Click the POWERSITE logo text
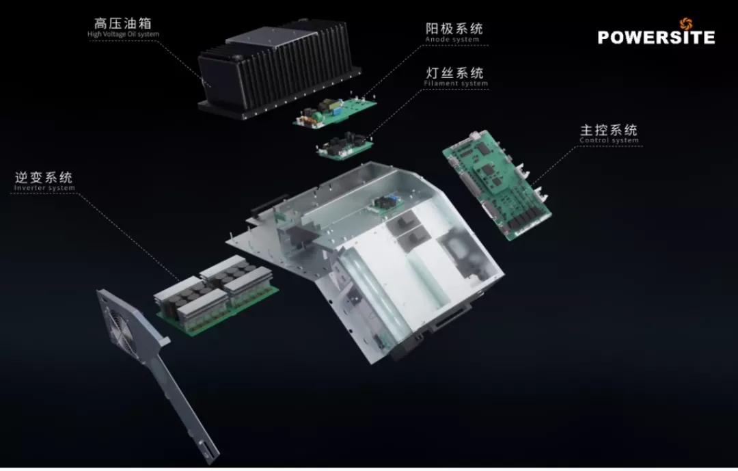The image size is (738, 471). (x=656, y=37)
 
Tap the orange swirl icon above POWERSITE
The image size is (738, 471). (x=686, y=23)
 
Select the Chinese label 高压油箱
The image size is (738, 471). (x=123, y=23)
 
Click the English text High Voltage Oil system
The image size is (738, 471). (x=123, y=34)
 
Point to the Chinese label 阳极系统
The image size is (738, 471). (x=454, y=28)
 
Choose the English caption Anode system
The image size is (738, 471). (x=452, y=40)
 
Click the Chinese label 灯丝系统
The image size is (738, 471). (x=454, y=72)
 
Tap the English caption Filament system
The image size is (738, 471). (x=456, y=83)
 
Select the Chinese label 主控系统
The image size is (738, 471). (x=609, y=129)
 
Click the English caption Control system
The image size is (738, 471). (x=609, y=140)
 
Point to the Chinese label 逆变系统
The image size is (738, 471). (x=43, y=177)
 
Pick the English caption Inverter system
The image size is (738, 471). (x=44, y=188)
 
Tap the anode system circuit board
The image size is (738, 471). (x=335, y=111)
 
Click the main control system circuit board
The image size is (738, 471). (x=497, y=184)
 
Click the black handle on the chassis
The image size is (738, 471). (x=269, y=205)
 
